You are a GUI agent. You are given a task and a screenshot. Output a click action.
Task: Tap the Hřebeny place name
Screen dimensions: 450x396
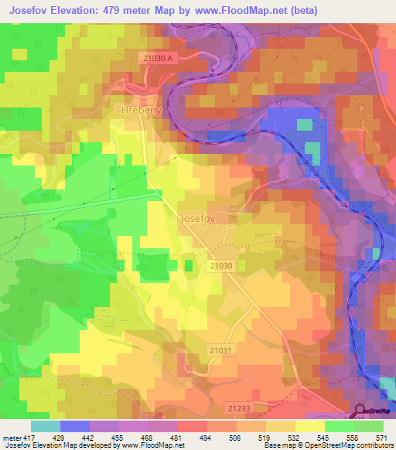click(x=139, y=111)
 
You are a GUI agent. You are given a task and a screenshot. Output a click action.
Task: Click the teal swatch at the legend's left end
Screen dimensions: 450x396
click(x=45, y=426)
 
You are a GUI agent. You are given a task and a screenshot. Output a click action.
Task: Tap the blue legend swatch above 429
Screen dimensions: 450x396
click(x=74, y=426)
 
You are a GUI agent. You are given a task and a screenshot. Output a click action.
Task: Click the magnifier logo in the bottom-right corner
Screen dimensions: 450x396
click(x=360, y=411)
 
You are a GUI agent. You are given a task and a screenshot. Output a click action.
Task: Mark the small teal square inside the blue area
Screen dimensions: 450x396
click(x=306, y=124)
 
